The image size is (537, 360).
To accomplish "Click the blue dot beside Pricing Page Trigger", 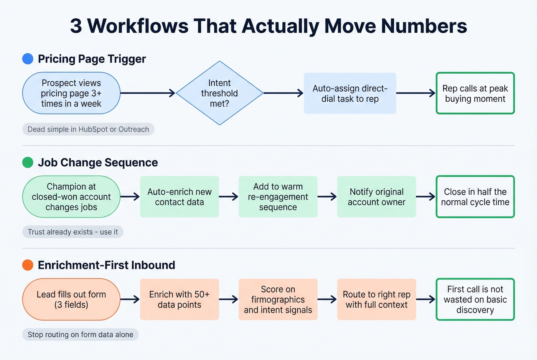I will pos(28,59).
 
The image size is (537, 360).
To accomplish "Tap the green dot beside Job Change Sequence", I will pos(28,163).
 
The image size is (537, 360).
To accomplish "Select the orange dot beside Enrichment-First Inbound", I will pos(28,265).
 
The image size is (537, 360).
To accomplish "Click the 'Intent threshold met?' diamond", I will pos(219,93).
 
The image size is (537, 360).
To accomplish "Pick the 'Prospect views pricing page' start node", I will pos(71,93).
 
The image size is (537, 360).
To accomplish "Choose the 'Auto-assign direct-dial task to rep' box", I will pos(350,94).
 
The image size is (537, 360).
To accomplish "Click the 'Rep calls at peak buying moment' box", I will pos(475,94).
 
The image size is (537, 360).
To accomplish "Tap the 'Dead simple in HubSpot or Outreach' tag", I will pos(88,129).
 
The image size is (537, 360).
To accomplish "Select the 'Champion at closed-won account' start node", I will pos(71,197).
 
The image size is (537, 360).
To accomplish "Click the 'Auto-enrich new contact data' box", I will pos(180,197).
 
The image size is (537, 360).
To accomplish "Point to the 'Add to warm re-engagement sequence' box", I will pos(278,197).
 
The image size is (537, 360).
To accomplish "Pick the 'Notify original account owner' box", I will pos(376,197).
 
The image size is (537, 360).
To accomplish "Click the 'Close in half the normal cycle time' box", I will pos(475,197).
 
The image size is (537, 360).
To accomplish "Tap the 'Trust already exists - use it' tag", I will pos(73,232).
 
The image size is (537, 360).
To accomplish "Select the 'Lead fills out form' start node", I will pos(71,299).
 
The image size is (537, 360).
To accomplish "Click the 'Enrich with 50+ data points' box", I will pos(180,299).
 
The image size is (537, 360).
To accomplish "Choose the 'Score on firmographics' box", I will pos(278,299).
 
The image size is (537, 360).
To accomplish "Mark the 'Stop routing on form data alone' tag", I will pos(81,334).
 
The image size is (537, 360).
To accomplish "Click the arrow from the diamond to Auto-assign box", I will pos(283,93).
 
